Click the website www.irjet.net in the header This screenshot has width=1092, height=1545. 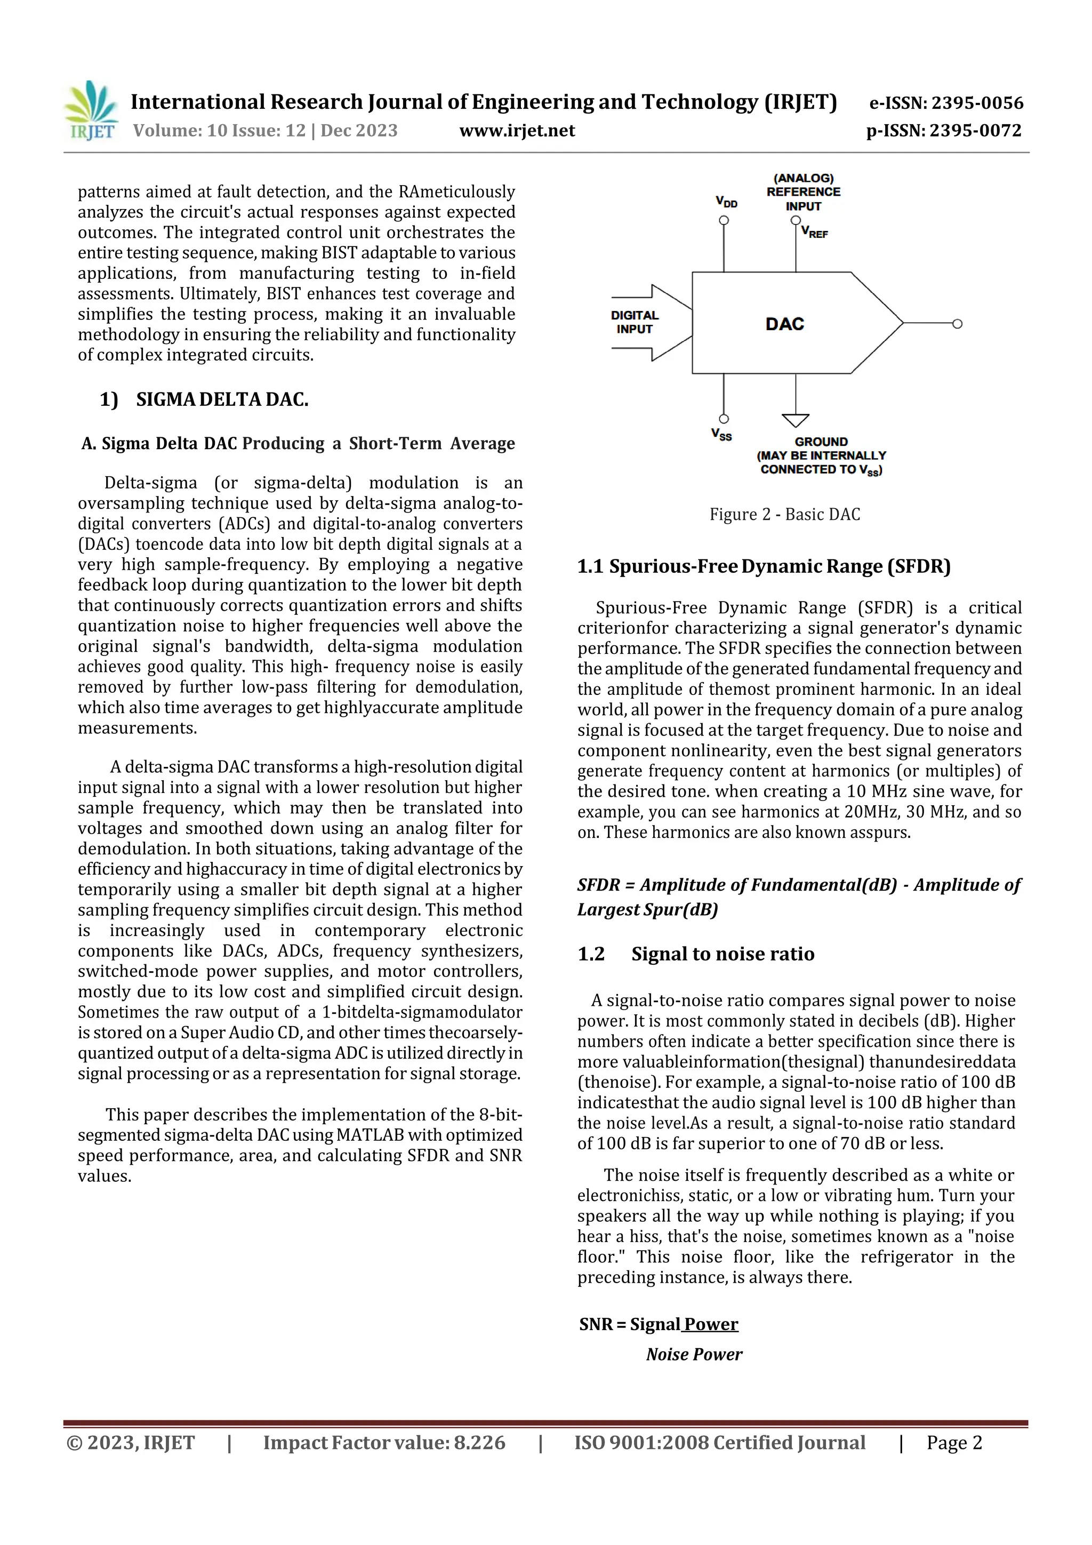[x=517, y=131]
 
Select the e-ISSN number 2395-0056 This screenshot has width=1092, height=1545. [x=977, y=103]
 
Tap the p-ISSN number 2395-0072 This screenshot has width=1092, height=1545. [x=975, y=131]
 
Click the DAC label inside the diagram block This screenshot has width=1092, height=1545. [x=784, y=324]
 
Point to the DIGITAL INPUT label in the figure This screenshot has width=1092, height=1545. [x=635, y=322]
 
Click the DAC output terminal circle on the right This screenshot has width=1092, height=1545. [x=958, y=324]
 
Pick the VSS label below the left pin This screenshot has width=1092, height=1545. [x=721, y=435]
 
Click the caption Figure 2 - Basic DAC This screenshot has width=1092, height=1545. [x=784, y=514]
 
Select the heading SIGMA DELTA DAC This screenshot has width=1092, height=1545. [x=222, y=399]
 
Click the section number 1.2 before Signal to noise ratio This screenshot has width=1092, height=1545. [x=591, y=954]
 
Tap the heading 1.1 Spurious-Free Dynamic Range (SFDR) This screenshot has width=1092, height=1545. [x=764, y=566]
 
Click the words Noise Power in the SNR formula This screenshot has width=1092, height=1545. [x=694, y=1355]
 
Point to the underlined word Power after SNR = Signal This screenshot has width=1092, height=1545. [x=712, y=1324]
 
